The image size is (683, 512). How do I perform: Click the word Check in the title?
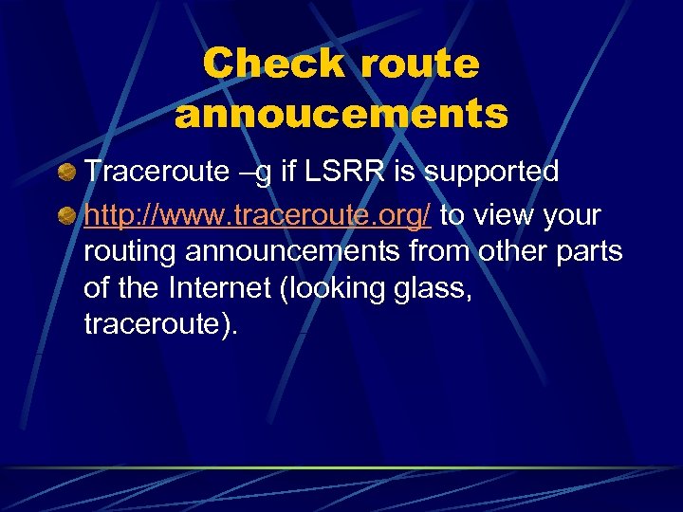[274, 64]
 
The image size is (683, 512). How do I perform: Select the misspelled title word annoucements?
[341, 115]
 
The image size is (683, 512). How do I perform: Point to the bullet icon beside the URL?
[65, 217]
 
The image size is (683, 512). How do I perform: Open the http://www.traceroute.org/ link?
[258, 216]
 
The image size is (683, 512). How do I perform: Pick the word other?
[509, 253]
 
